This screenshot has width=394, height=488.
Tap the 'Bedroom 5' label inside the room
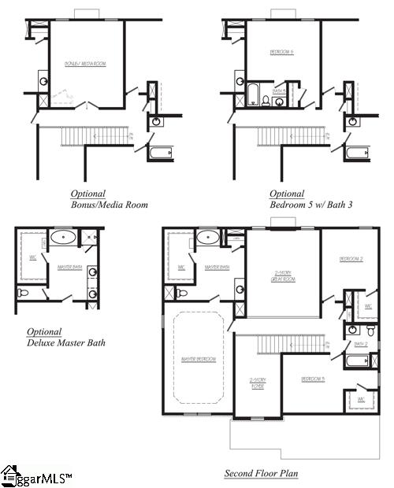pyautogui.click(x=281, y=52)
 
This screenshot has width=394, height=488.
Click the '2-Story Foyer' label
pyautogui.click(x=258, y=383)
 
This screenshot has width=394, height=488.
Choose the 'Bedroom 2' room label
pyautogui.click(x=350, y=259)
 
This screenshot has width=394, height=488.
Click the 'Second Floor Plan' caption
pyautogui.click(x=261, y=474)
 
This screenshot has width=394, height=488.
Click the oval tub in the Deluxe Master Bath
pyautogui.click(x=64, y=238)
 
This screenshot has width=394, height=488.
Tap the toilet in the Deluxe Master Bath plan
pyautogui.click(x=24, y=293)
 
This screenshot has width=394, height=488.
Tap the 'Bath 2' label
pyautogui.click(x=361, y=344)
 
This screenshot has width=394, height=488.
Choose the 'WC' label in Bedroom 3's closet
pyautogui.click(x=361, y=399)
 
